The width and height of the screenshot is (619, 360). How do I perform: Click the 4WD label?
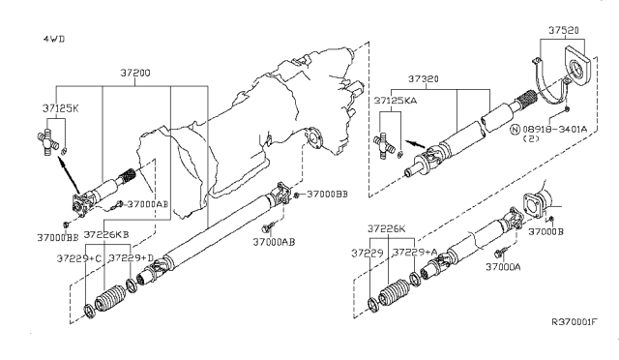pyautogui.click(x=54, y=39)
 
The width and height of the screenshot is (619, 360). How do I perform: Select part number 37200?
pyautogui.click(x=135, y=74)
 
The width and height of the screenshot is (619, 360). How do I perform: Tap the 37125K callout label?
pyautogui.click(x=60, y=108)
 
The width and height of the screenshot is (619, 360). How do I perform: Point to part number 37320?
pyautogui.click(x=424, y=79)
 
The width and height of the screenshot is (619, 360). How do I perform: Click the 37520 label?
pyautogui.click(x=564, y=30)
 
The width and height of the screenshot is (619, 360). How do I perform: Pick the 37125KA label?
pyautogui.click(x=396, y=101)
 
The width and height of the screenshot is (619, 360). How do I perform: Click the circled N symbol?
pyautogui.click(x=515, y=130)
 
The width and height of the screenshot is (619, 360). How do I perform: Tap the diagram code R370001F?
pyautogui.click(x=575, y=322)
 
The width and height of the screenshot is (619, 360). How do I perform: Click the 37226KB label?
pyautogui.click(x=106, y=234)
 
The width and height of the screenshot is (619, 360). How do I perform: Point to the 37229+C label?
pyautogui.click(x=79, y=258)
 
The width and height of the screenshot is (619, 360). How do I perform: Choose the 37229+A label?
pyautogui.click(x=415, y=253)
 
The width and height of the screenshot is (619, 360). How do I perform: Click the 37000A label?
pyautogui.click(x=503, y=267)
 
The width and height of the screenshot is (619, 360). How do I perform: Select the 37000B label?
pyautogui.click(x=545, y=231)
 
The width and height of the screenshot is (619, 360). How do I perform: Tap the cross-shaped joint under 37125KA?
pyautogui.click(x=384, y=146)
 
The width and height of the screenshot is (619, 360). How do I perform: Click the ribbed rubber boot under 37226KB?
pyautogui.click(x=109, y=298)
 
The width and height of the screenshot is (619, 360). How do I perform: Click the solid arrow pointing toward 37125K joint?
pyautogui.click(x=69, y=174)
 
